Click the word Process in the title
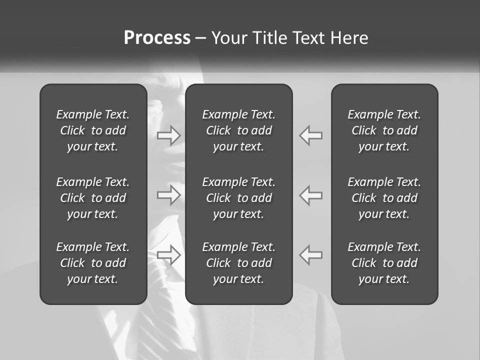coord(157,38)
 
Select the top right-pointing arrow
coord(169,135)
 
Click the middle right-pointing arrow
coord(169,194)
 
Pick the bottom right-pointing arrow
coord(169,254)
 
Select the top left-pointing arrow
coord(310,135)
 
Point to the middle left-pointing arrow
coord(310,194)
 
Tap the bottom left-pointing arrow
coord(310,254)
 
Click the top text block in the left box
coord(93,130)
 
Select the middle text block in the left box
coord(93,198)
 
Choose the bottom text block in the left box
coord(93,263)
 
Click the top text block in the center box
coord(238,130)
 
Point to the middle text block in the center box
coord(238,198)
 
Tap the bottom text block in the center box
coord(238,263)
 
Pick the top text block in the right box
coord(384,130)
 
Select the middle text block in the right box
coord(384,198)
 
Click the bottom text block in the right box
coord(384,263)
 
